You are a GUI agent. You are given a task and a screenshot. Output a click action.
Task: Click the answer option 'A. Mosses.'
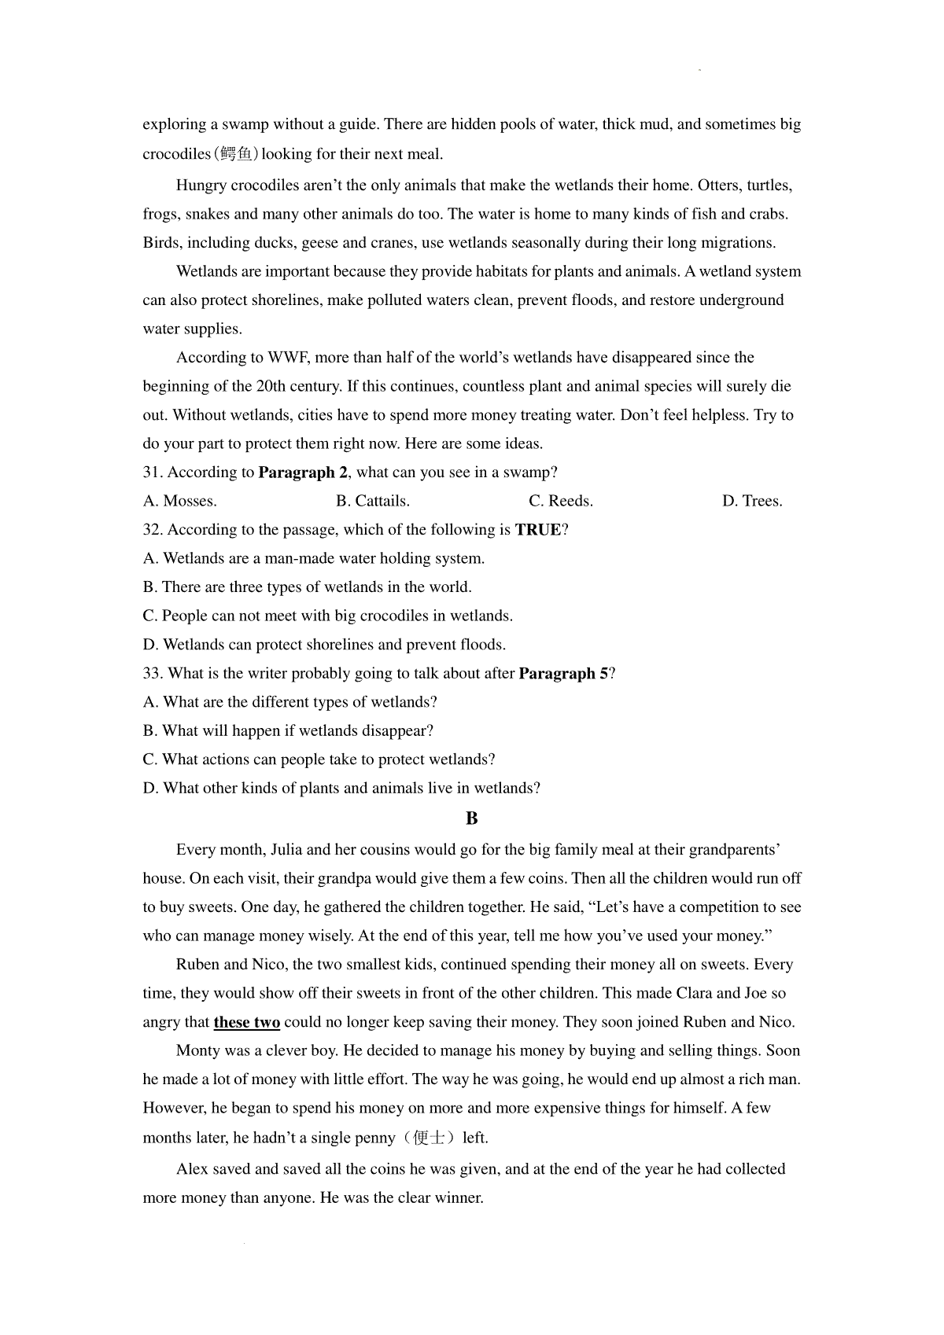(180, 502)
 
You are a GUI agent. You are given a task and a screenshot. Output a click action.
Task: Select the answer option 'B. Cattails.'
(373, 502)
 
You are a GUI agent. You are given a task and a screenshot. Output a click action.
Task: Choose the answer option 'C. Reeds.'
(561, 502)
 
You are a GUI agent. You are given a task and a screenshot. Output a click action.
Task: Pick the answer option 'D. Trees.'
(752, 502)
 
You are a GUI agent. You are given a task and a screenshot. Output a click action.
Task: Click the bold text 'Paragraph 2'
(304, 473)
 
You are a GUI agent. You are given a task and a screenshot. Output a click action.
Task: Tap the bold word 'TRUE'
(538, 530)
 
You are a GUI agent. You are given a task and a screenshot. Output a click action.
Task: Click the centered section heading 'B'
(472, 818)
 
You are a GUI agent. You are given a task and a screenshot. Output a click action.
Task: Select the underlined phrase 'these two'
(247, 1023)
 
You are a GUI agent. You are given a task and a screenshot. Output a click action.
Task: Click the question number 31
(153, 473)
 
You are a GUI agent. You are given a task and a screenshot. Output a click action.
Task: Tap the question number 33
(153, 674)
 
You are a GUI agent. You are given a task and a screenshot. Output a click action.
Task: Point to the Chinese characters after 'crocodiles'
(236, 154)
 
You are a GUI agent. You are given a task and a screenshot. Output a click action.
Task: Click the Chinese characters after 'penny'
(428, 1138)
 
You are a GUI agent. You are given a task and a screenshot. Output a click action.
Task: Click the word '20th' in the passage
(265, 387)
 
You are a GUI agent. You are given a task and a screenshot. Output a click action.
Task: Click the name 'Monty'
(197, 1051)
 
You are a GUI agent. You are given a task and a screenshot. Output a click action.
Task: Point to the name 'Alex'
(192, 1169)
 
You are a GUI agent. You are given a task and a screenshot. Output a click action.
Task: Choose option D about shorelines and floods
(324, 645)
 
